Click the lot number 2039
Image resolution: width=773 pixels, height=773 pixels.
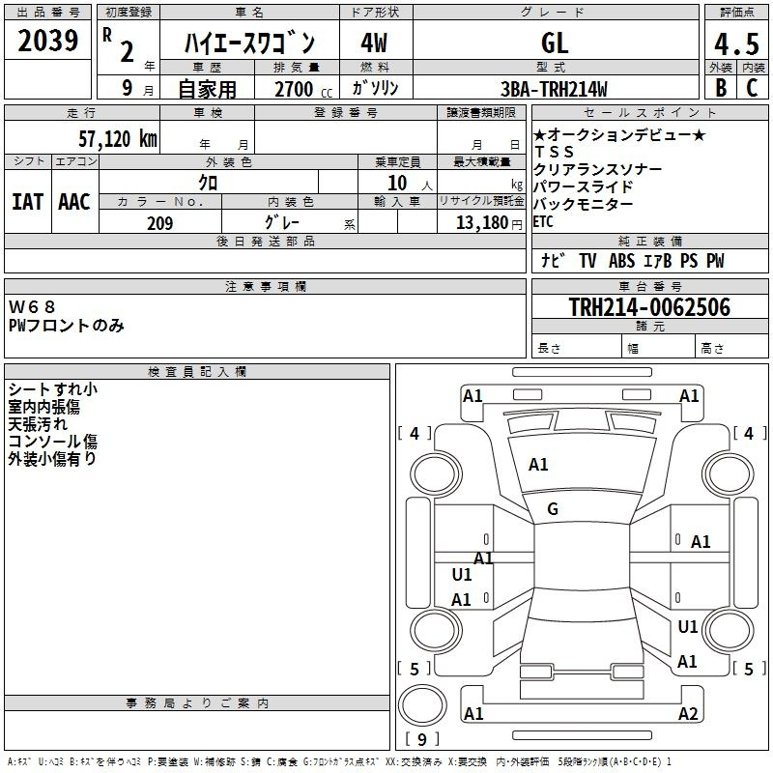click(x=47, y=41)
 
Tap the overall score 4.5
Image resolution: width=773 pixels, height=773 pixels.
click(x=736, y=43)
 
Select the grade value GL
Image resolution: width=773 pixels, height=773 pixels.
click(x=555, y=43)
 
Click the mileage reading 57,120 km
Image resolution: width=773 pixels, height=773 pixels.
click(x=118, y=139)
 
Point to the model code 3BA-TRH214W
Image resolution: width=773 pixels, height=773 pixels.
click(x=554, y=89)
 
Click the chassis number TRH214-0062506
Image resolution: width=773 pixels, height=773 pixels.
click(x=649, y=307)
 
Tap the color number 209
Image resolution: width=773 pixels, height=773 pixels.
click(x=159, y=223)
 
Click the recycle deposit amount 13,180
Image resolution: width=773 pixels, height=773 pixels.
click(x=482, y=223)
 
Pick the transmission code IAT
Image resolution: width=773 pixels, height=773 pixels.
click(x=27, y=202)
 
